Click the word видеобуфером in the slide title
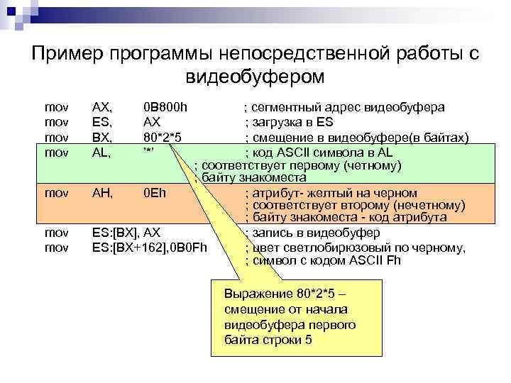coord(255,75)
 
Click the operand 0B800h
coord(165,107)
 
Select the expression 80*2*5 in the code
coord(163,137)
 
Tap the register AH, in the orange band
coord(103,192)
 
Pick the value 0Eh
coord(154,192)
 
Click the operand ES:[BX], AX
coord(126,232)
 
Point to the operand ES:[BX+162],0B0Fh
coord(150,247)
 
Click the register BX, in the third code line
coord(103,137)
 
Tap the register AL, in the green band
coord(102,152)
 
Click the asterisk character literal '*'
coord(148,152)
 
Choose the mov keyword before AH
coord(56,192)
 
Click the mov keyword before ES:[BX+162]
coord(56,247)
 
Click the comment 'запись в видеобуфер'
coord(312,232)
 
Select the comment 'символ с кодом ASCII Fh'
coord(323,260)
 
